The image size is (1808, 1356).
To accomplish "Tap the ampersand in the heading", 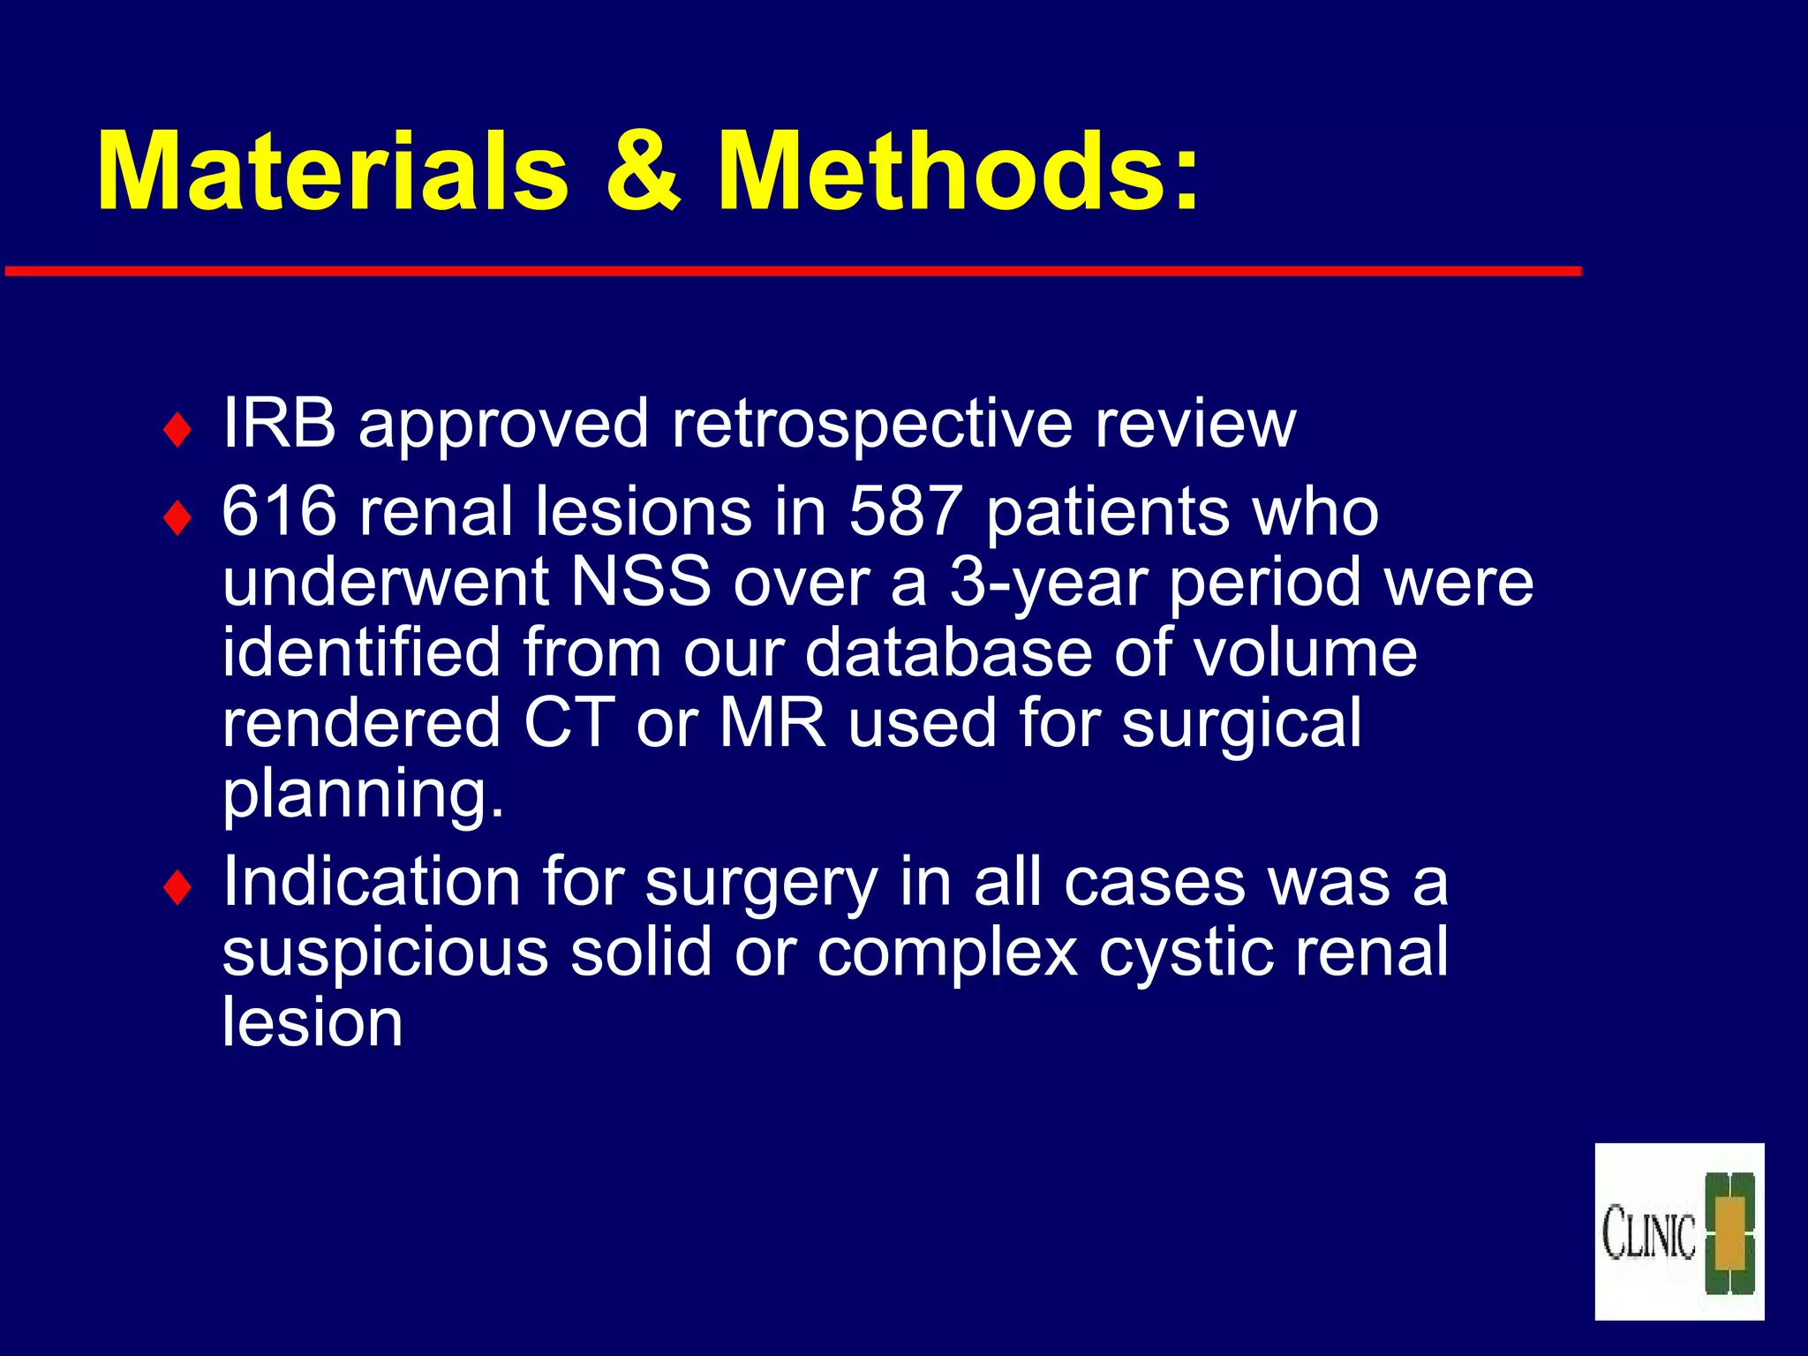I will click(x=643, y=172).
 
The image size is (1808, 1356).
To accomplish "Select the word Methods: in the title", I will click(x=958, y=172).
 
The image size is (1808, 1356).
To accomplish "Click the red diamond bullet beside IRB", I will click(x=177, y=431).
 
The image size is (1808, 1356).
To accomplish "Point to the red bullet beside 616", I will click(x=177, y=519).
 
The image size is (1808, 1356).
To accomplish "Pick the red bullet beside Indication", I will click(x=177, y=888).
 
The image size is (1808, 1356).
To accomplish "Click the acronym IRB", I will click(x=279, y=424).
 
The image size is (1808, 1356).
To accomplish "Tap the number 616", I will click(x=279, y=512).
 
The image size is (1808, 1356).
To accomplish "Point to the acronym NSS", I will click(x=641, y=583).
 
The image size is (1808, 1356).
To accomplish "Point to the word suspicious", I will click(x=385, y=953).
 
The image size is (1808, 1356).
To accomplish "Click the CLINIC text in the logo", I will click(x=1648, y=1233).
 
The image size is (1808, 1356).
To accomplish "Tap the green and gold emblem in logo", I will click(x=1729, y=1233).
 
